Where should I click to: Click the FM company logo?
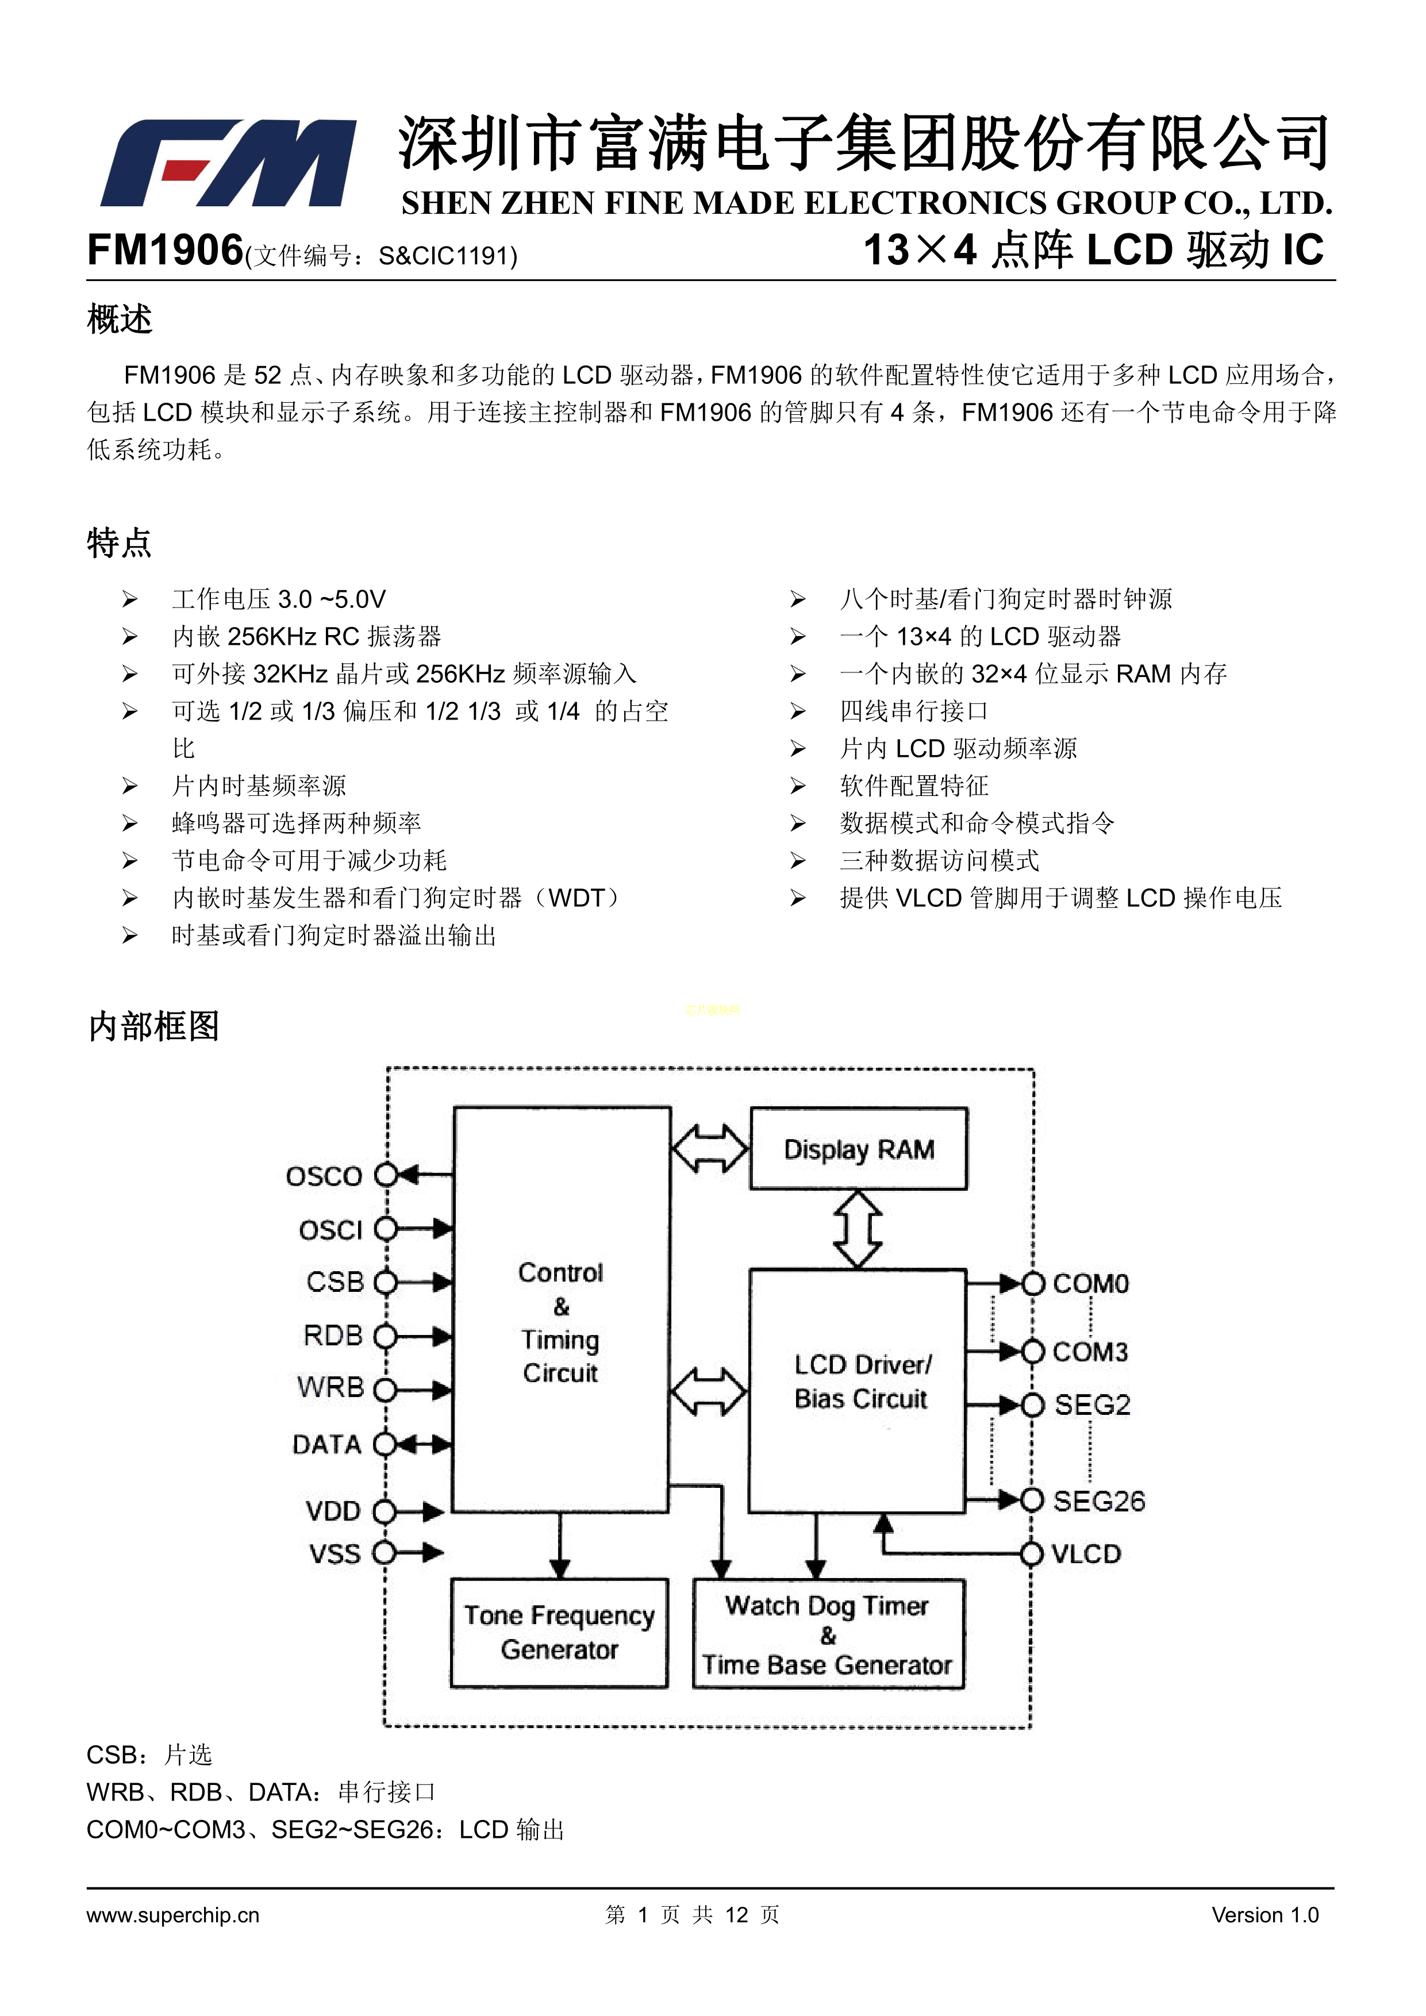(228, 163)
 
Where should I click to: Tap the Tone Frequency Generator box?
(559, 1632)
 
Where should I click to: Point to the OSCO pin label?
(324, 1176)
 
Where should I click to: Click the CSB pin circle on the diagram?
(386, 1283)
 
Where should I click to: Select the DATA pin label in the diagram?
(326, 1444)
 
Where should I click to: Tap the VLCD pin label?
(1086, 1554)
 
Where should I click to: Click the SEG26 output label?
(1098, 1502)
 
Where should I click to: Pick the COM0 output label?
(1090, 1284)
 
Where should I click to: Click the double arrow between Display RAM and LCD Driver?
(858, 1228)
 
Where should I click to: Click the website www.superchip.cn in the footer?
(173, 1915)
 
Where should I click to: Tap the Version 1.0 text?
(1264, 1915)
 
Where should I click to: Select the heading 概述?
(120, 319)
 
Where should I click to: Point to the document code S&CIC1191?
(448, 256)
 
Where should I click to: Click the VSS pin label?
(335, 1554)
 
